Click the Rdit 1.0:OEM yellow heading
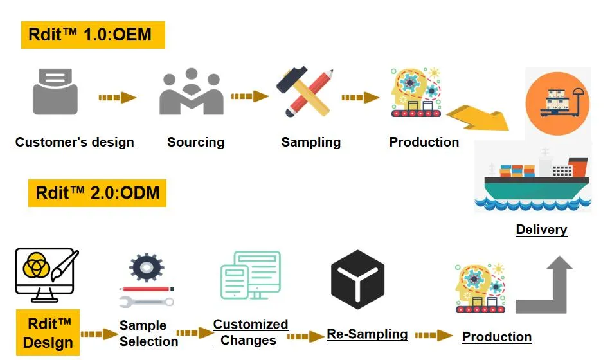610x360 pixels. tap(93, 35)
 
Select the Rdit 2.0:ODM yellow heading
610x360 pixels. tap(97, 193)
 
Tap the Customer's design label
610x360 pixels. tap(75, 143)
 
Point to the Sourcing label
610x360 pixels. tap(195, 143)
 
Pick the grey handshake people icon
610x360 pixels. tap(191, 93)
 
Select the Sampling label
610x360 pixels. tap(310, 143)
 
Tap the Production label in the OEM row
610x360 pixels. tap(424, 143)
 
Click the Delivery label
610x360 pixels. tap(541, 230)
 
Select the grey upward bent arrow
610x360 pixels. tap(545, 285)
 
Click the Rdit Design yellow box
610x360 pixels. tap(49, 332)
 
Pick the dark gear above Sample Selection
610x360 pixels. tap(146, 267)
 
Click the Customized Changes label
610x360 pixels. tap(250, 332)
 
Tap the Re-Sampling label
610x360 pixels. tap(367, 334)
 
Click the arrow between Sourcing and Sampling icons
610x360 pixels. tap(249, 96)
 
